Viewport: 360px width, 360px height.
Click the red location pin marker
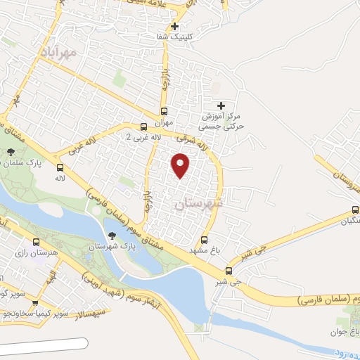point(181,165)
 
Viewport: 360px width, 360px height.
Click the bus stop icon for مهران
point(165,111)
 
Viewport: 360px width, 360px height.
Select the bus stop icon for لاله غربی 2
point(143,127)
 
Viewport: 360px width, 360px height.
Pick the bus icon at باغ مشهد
point(205,240)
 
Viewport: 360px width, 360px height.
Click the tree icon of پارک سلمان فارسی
point(11,152)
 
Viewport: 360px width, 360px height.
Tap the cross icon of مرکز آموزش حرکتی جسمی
point(221,105)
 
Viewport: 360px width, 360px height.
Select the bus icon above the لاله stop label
point(60,167)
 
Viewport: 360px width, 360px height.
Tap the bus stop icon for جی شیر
point(229,271)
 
